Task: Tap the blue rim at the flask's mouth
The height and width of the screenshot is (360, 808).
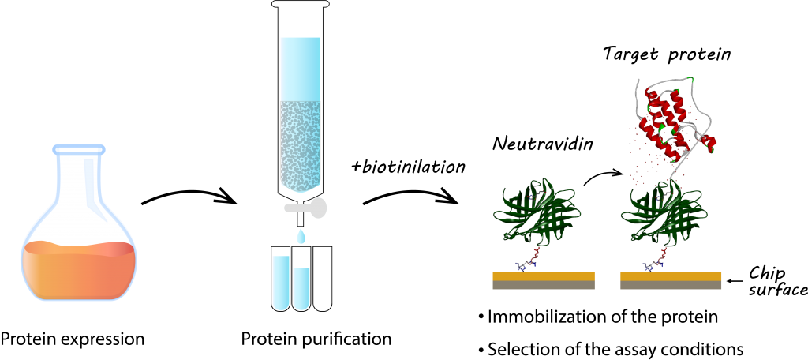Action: pos(79,149)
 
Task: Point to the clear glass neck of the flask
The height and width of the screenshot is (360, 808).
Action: pos(79,182)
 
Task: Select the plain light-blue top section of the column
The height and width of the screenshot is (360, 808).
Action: pos(300,68)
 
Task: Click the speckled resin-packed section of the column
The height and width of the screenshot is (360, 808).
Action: pos(300,142)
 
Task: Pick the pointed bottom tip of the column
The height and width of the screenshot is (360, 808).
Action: pos(301,189)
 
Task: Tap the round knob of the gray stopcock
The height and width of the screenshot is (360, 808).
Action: pos(318,208)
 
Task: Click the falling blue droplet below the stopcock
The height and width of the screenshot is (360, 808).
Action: pos(301,236)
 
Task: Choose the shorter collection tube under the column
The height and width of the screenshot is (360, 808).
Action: pos(301,288)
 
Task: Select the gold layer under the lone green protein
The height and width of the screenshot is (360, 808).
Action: pos(544,276)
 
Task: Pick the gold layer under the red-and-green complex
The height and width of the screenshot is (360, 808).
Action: pos(671,276)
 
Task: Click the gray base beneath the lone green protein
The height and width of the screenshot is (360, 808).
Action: pos(544,285)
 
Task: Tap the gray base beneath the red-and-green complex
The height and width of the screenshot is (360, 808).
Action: pos(671,285)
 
